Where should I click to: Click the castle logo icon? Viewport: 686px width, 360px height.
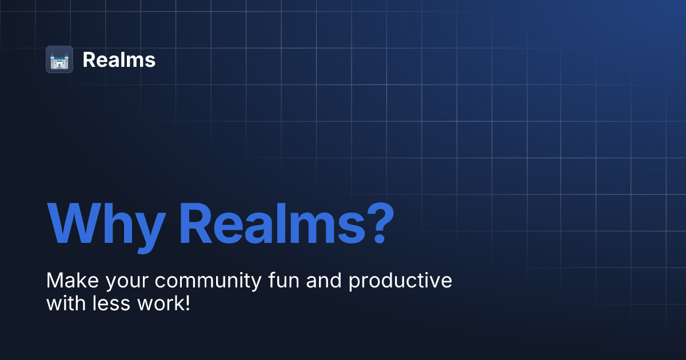pyautogui.click(x=59, y=59)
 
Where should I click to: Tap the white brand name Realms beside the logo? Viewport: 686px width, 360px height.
pyautogui.click(x=119, y=59)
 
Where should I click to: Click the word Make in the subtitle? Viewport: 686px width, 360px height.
pyautogui.click(x=66, y=281)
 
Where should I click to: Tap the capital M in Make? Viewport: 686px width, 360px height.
pyautogui.click(x=55, y=281)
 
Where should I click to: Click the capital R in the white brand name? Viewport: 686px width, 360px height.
pyautogui.click(x=89, y=59)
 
